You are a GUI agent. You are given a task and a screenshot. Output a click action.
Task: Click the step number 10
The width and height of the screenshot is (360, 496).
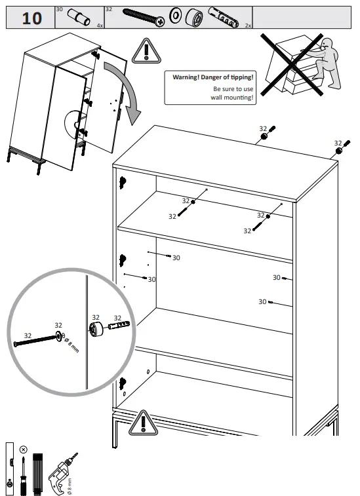[x=31, y=18]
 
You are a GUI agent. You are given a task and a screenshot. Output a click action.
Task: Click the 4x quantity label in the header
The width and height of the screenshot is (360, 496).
[x=100, y=25]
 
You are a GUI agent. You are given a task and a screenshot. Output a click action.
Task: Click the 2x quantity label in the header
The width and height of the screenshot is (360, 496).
[x=248, y=25]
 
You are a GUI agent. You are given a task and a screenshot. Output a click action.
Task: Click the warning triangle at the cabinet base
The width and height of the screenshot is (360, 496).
[x=142, y=423]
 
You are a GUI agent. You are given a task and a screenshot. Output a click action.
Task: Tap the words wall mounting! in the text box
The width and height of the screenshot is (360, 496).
[x=233, y=97]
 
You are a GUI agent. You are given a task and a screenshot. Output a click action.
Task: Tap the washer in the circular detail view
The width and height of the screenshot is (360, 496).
[x=59, y=336]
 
